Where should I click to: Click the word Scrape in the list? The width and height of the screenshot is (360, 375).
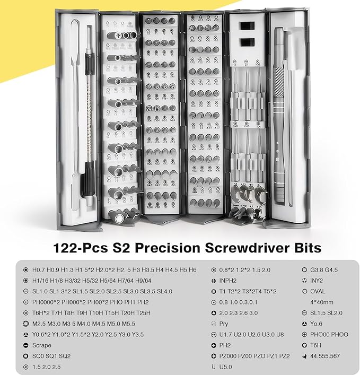tap(41, 345)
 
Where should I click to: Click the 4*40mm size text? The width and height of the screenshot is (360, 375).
tap(322, 302)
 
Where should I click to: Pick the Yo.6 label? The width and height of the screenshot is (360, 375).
tap(318, 324)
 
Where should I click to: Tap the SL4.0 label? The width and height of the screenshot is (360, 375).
tap(163, 291)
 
